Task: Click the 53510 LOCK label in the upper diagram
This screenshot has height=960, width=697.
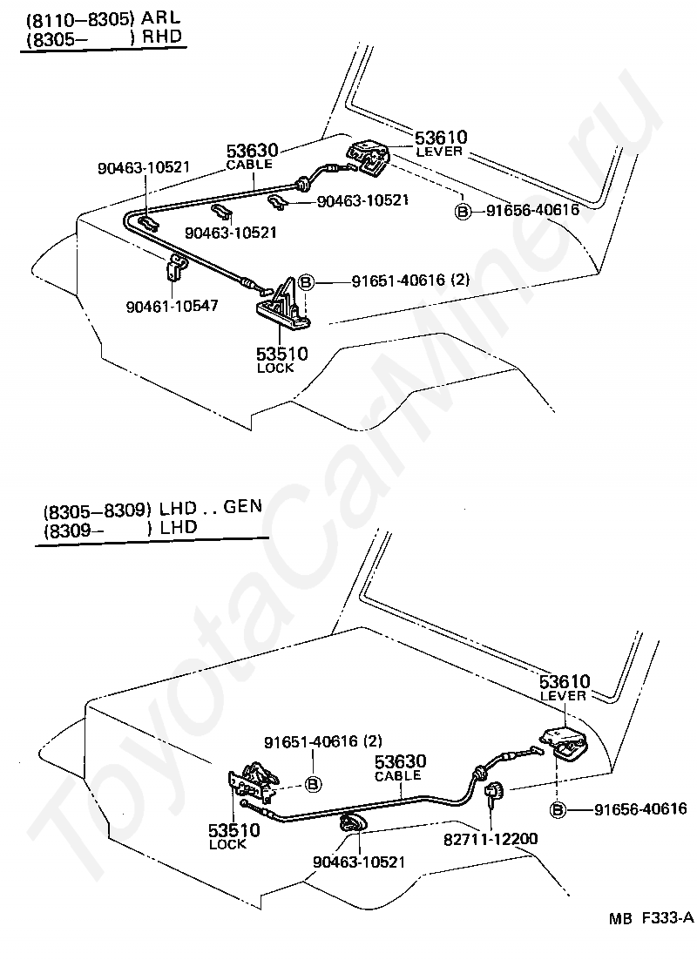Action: [281, 358]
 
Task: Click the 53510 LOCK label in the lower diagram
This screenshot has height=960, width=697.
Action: [233, 835]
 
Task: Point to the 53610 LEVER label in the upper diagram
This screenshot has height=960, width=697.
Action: [440, 143]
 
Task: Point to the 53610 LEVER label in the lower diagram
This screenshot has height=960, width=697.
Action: [564, 687]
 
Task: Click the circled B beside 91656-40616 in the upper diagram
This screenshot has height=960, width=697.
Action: [463, 210]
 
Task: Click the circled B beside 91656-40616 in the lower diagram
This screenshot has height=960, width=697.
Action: [558, 810]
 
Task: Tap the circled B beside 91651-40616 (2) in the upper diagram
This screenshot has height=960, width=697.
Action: [307, 281]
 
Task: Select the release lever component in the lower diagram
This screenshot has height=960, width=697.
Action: [565, 743]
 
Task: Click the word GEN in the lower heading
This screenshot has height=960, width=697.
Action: [242, 506]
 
